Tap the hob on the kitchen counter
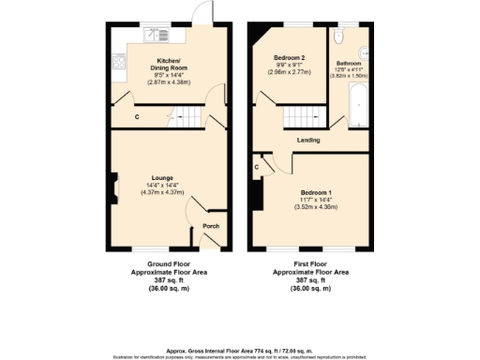(120, 63)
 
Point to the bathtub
(358, 108)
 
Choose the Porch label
(212, 225)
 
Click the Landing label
(308, 141)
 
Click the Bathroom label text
(348, 64)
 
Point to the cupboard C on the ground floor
(138, 117)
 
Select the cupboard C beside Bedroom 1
(257, 167)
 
